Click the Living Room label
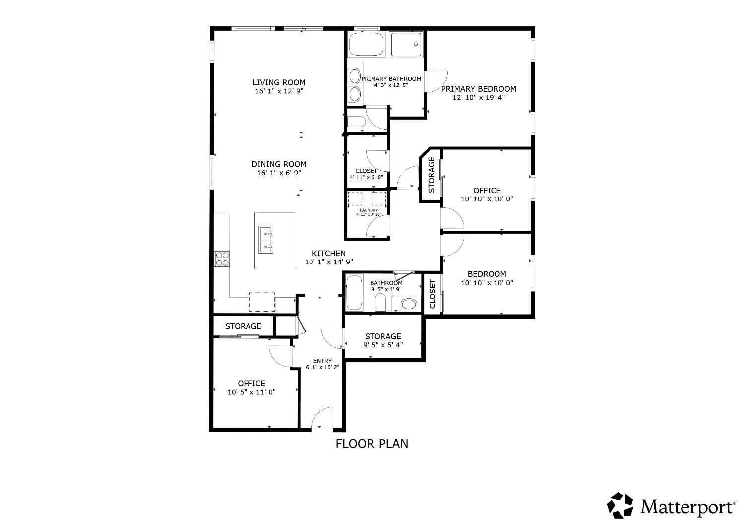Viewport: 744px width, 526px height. [279, 83]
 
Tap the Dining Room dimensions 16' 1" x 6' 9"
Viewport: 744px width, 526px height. [279, 173]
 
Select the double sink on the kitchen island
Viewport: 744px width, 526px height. [266, 240]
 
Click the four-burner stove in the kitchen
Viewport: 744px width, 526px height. [222, 259]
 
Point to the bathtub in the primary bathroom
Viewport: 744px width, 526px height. [366, 45]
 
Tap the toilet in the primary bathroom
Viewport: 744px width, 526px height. [356, 122]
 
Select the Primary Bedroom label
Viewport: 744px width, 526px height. [478, 89]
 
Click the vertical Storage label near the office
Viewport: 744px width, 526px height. [431, 175]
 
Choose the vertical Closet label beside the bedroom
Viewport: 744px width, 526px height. [432, 294]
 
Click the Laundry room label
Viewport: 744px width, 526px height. [368, 210]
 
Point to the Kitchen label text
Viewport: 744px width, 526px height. [328, 254]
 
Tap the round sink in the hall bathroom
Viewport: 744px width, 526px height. [408, 304]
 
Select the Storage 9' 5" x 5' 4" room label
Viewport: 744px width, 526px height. [383, 336]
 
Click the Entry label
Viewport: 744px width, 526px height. [322, 361]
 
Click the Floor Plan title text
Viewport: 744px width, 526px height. [372, 443]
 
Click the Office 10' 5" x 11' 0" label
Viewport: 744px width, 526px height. [251, 383]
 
